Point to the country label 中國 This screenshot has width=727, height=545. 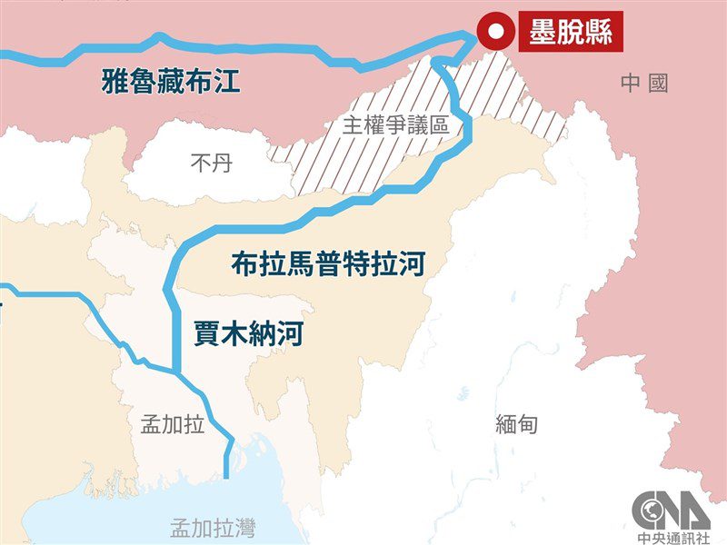644,84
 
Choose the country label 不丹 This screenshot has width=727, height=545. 211,163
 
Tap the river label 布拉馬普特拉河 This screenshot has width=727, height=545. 328,265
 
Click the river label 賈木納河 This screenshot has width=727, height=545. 248,333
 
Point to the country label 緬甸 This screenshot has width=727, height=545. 517,423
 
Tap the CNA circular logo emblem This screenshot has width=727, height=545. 671,509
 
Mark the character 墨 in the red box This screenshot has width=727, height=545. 538,32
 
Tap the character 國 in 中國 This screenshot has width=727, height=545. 658,84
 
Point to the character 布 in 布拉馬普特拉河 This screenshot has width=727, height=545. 242,265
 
